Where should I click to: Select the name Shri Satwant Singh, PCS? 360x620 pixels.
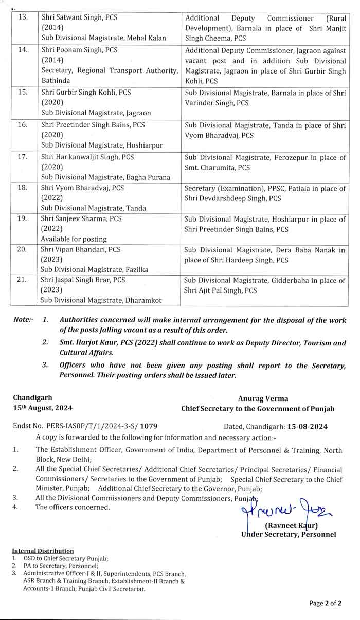(x=79, y=17)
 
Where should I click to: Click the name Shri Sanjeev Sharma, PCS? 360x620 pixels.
(x=81, y=219)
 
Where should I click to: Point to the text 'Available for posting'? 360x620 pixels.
(x=74, y=239)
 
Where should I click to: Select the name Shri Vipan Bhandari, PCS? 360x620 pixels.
(x=81, y=249)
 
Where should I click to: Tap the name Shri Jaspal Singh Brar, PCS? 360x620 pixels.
(x=83, y=280)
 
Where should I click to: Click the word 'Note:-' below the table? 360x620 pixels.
(x=23, y=320)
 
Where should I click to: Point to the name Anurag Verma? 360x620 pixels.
(x=263, y=398)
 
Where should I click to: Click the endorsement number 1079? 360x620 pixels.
(x=149, y=427)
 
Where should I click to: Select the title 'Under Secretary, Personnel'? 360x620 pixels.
(x=289, y=535)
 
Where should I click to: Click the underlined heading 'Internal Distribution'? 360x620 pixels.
(x=43, y=551)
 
